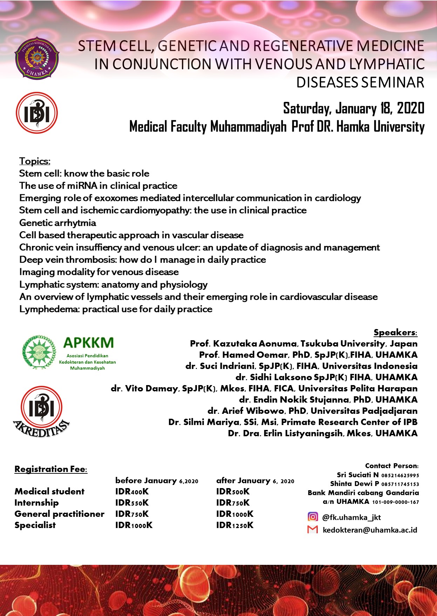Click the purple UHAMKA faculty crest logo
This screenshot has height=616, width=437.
coord(37,58)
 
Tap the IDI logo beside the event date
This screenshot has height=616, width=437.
coord(37,113)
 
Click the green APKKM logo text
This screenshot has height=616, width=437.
coord(88,342)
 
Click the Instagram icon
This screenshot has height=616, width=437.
coord(313,517)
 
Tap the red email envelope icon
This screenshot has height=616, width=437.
coord(313,529)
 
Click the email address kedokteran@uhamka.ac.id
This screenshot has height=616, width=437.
coord(370,530)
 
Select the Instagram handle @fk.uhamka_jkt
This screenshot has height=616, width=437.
coord(351,517)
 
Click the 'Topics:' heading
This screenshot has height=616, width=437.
coord(35,161)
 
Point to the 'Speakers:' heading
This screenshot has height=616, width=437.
coord(395,333)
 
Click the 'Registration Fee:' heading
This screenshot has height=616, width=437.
coord(51,469)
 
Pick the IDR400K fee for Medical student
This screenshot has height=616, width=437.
coord(132,492)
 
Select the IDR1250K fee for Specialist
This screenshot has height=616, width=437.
coord(234,525)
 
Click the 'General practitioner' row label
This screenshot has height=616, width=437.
coord(59,514)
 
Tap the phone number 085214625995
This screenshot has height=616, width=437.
coord(400,475)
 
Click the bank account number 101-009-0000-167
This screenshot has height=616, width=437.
coord(395,502)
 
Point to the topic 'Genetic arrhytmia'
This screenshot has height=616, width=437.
coord(57,223)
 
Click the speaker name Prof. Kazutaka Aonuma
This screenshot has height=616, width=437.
coord(244,344)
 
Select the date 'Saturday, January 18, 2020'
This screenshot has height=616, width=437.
coord(354,108)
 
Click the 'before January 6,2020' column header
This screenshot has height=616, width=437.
coord(157,481)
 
